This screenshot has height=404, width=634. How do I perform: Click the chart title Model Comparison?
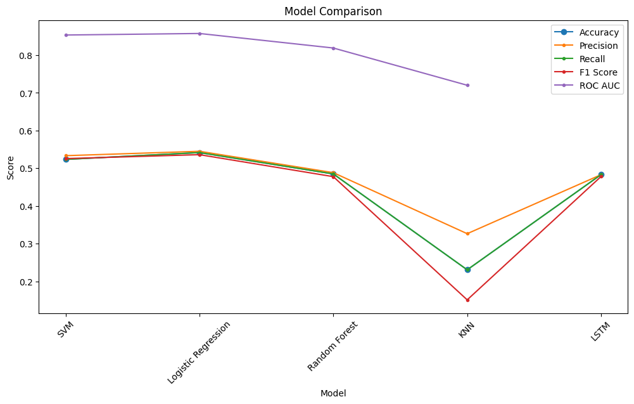[x=333, y=11]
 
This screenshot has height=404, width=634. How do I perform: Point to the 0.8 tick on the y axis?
[x=26, y=56]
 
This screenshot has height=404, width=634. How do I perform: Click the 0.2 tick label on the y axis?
[x=26, y=282]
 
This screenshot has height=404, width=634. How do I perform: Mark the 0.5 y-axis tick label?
[x=26, y=169]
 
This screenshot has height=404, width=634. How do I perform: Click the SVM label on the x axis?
[x=65, y=330]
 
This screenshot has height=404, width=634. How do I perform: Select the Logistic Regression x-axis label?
[x=198, y=352]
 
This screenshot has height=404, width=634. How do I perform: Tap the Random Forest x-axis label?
[x=333, y=346]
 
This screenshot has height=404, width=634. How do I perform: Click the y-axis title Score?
[x=10, y=167]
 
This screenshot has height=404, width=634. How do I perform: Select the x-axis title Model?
[x=333, y=393]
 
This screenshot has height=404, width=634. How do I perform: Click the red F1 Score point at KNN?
[x=467, y=300]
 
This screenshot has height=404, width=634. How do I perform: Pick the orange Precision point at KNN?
[x=467, y=233]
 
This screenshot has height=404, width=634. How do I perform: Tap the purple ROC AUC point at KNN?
[x=467, y=85]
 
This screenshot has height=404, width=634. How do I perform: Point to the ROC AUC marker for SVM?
[x=66, y=35]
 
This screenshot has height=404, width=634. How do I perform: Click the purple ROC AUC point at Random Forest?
[x=333, y=48]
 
